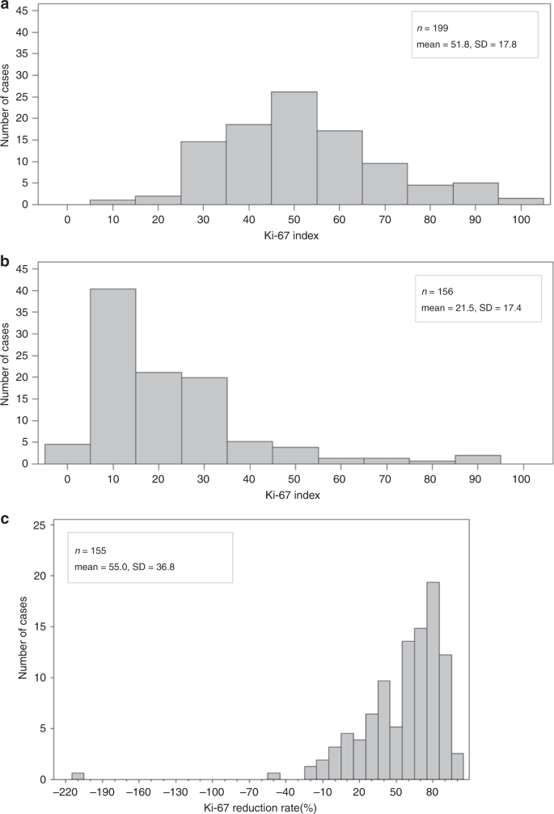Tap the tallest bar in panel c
click(433, 695)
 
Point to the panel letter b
click(6, 263)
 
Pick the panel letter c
click(6, 520)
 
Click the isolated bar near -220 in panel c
click(78, 777)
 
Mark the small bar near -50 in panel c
click(273, 777)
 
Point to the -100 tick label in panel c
click(212, 793)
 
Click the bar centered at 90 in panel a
click(476, 194)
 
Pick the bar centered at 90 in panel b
click(478, 459)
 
